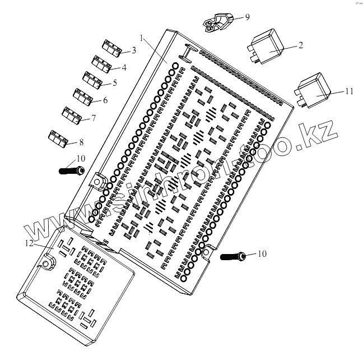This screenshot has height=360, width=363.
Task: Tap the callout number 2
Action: pos(301,45)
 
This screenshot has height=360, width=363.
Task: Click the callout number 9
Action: pos(247,17)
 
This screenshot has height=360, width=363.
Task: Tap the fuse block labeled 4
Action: pos(102,64)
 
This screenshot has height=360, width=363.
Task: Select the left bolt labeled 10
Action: pos(71,169)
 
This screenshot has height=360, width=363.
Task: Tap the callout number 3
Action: pos(133,50)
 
